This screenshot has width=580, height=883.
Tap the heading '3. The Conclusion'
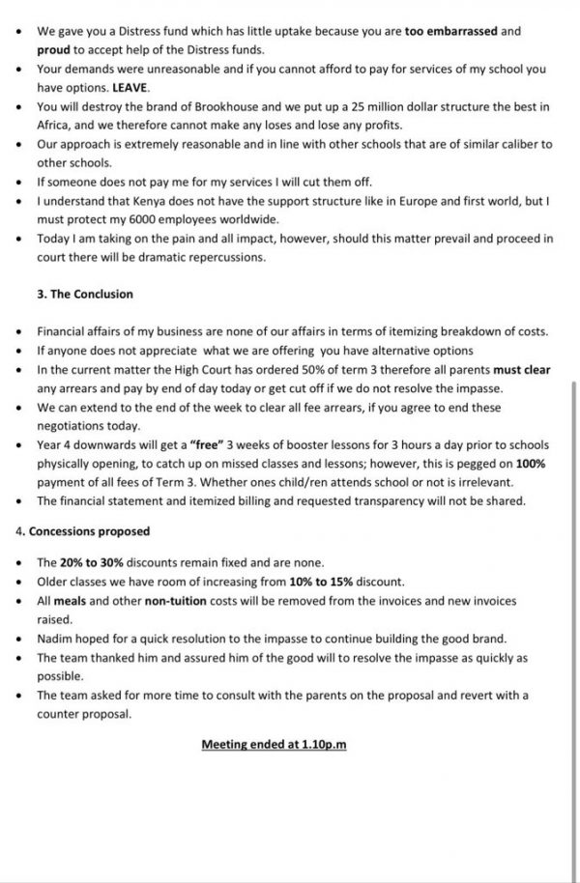[85, 294]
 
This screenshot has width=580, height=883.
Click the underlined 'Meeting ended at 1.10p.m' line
[274, 744]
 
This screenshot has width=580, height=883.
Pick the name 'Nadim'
[55, 639]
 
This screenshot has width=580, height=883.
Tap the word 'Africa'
[55, 124]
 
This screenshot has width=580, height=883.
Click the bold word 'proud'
[55, 49]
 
